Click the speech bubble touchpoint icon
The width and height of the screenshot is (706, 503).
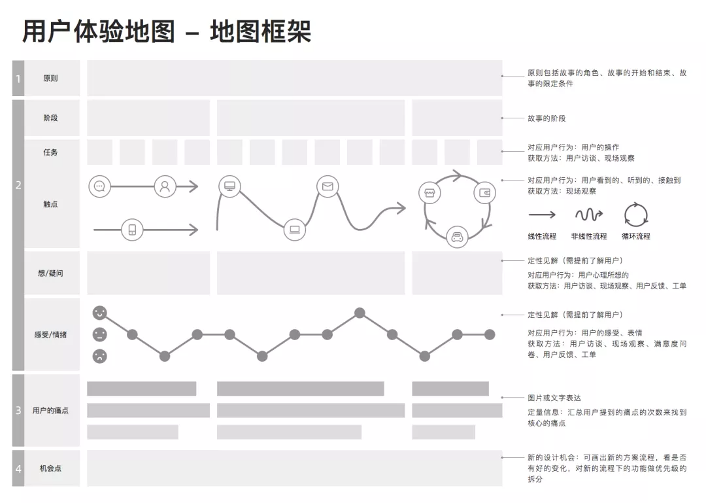tap(99, 186)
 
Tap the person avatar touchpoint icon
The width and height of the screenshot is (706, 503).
tap(165, 186)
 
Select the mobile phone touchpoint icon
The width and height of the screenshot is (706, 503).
tap(132, 230)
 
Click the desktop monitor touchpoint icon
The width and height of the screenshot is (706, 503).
tap(229, 186)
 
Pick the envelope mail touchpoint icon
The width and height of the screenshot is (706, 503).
tap(328, 186)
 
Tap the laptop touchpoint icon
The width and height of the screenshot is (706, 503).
tap(295, 230)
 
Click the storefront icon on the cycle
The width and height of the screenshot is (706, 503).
tap(429, 194)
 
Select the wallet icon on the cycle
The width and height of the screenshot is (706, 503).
tap(484, 193)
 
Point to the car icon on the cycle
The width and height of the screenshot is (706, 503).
tap(457, 237)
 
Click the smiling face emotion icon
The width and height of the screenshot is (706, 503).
tap(99, 313)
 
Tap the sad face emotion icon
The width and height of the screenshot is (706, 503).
tap(99, 356)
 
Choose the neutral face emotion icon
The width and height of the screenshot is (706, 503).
tap(99, 334)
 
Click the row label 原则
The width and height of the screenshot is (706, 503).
tap(50, 78)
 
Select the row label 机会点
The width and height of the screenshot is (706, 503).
tap(50, 468)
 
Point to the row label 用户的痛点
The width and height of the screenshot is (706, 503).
tap(50, 411)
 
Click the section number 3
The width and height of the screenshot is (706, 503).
tap(18, 411)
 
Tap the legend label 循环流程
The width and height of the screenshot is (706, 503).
tap(636, 236)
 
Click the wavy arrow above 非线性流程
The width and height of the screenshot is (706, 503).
tap(589, 215)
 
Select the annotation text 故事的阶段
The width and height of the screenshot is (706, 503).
tap(546, 118)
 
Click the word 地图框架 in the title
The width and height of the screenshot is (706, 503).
tap(261, 31)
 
